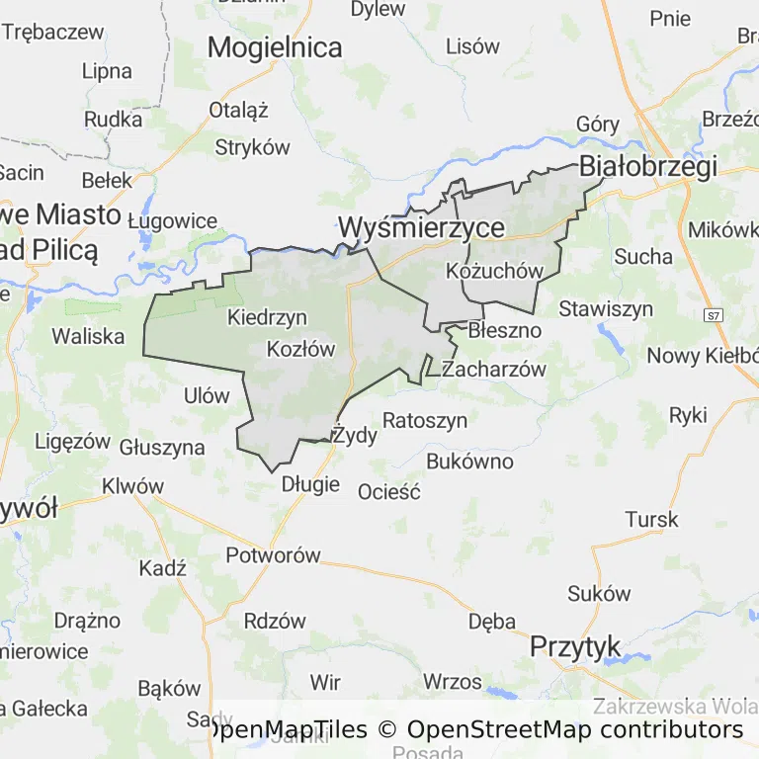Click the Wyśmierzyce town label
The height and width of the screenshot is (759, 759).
422,227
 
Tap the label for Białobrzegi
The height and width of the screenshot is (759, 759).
648,167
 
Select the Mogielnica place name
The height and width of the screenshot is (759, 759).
275,46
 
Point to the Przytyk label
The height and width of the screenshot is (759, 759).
575,646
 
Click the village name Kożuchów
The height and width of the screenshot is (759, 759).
496,271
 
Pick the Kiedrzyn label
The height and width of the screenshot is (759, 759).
267,317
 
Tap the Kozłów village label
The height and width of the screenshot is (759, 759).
301,349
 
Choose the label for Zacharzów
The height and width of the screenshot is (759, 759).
494,370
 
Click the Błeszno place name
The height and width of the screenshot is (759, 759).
505,330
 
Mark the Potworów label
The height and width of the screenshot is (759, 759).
274,554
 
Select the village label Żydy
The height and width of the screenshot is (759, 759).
355,435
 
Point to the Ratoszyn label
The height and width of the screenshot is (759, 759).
425,420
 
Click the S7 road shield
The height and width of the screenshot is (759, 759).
714,315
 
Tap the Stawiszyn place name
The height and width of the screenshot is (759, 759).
606,308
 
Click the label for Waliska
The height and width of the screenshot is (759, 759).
88,336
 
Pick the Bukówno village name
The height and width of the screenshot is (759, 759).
469,461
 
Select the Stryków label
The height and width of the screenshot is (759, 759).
253,147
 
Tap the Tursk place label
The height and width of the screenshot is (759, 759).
652,519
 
